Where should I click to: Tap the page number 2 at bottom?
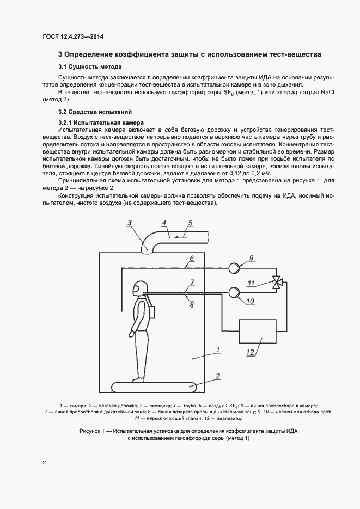pos(44,463)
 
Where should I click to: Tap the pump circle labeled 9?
pos(235,268)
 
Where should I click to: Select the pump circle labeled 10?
pos(235,292)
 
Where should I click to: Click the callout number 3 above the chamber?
pos(129,222)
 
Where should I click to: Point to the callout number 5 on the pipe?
pos(190,223)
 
